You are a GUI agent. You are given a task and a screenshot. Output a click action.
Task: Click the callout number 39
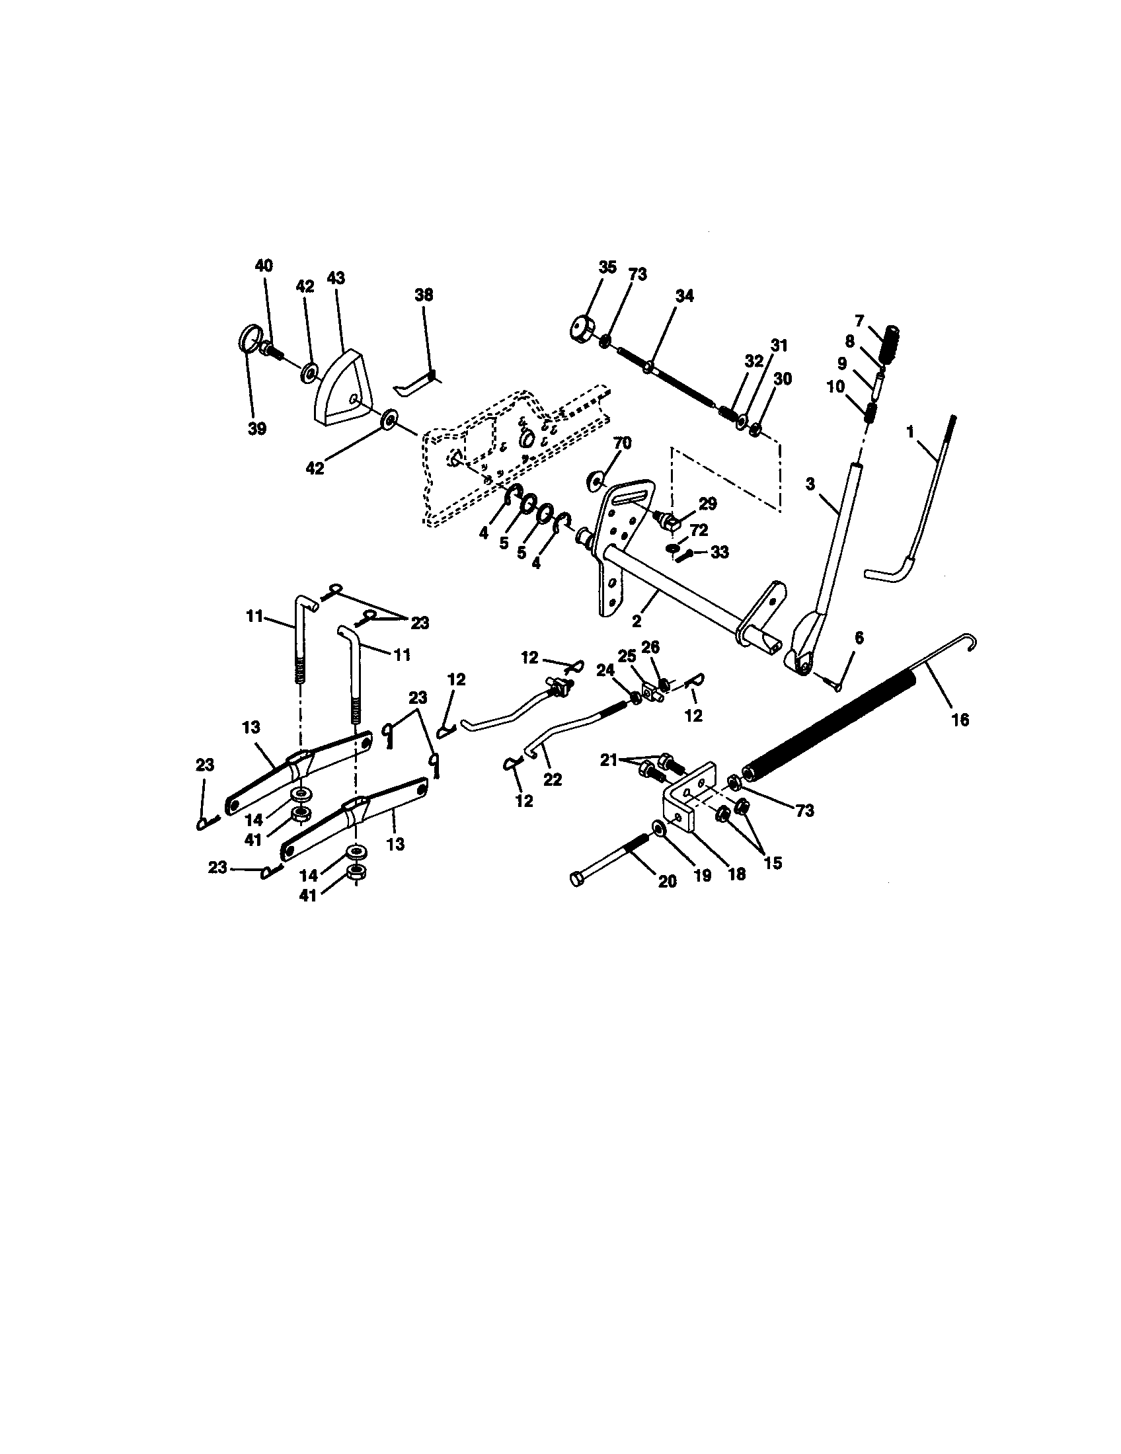tap(257, 429)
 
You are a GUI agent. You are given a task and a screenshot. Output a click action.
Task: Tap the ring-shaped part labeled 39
tap(247, 338)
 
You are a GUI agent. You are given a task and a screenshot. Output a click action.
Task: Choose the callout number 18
tap(737, 874)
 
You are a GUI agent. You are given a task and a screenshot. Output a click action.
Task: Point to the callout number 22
tap(552, 779)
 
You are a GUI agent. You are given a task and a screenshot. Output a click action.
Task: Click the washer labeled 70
tap(593, 479)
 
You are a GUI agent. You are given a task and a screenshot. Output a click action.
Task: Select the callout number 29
tap(707, 504)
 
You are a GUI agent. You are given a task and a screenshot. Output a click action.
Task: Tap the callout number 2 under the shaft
tap(637, 621)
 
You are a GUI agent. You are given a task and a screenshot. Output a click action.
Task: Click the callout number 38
tap(424, 295)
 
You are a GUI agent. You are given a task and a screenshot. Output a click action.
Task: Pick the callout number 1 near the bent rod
tap(910, 432)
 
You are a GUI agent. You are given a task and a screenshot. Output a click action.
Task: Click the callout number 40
tap(264, 265)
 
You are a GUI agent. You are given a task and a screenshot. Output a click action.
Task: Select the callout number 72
tap(699, 531)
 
